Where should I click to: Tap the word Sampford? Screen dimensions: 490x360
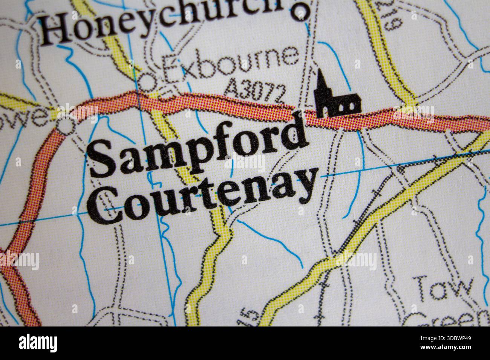pos(198,149)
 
